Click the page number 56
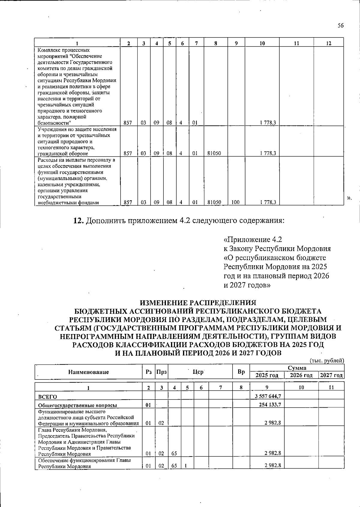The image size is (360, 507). tap(340, 26)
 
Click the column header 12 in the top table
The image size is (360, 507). tap(328, 43)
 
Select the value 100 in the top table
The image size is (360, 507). tap(235, 202)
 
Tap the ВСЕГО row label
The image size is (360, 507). tap(47, 397)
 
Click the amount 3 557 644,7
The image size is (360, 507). tap(268, 396)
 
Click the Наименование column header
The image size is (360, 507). tap(88, 372)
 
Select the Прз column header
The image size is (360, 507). tap(161, 372)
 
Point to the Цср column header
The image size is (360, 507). tap(198, 372)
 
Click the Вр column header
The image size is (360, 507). tap(241, 372)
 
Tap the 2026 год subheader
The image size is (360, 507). tap(301, 375)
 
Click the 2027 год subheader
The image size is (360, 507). tap(331, 375)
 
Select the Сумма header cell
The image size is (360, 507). tap(297, 368)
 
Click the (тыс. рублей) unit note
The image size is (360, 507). tap(326, 361)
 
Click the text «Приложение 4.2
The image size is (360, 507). tap(253, 240)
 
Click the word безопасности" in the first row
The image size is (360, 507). tap(54, 123)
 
